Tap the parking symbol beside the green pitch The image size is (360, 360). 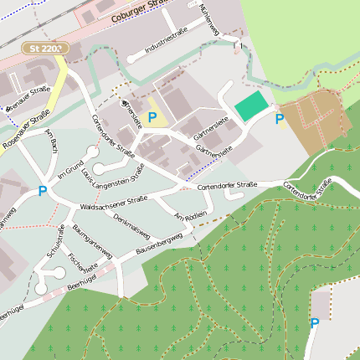280,119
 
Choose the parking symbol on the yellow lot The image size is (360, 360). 152,117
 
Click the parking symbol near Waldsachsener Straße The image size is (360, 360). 43,191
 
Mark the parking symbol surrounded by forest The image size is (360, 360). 315,323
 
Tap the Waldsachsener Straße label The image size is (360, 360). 113,202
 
